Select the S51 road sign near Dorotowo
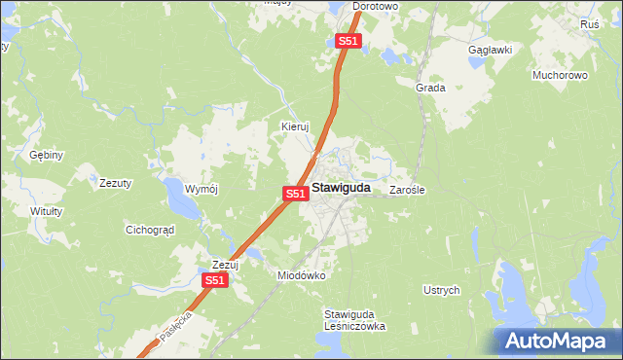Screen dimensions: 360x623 click(x=349, y=41)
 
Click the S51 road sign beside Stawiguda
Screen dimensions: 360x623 click(x=297, y=195)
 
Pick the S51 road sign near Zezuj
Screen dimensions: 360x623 click(x=215, y=280)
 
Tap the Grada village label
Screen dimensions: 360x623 click(x=430, y=88)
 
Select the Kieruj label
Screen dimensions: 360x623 click(x=294, y=126)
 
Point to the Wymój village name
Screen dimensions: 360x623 click(x=203, y=188)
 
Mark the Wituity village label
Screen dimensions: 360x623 click(x=46, y=211)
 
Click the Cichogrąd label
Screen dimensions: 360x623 click(x=149, y=231)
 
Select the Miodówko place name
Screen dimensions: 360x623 click(x=301, y=275)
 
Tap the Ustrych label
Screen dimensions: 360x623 click(x=441, y=290)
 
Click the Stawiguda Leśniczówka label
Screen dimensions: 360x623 click(x=354, y=320)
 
